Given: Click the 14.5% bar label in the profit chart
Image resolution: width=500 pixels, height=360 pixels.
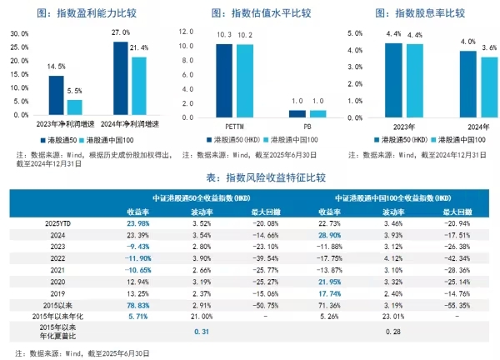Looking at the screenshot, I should (57, 67).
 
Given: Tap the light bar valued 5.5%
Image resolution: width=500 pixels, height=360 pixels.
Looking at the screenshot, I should (75, 107).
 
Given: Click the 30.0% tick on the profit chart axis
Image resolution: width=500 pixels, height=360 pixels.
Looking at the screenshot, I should (18, 32).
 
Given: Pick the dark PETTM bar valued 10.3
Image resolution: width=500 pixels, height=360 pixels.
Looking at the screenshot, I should (224, 79).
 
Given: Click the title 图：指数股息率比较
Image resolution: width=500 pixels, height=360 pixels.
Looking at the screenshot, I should (422, 12).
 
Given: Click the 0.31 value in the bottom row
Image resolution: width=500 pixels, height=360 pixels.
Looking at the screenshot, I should (199, 333).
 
